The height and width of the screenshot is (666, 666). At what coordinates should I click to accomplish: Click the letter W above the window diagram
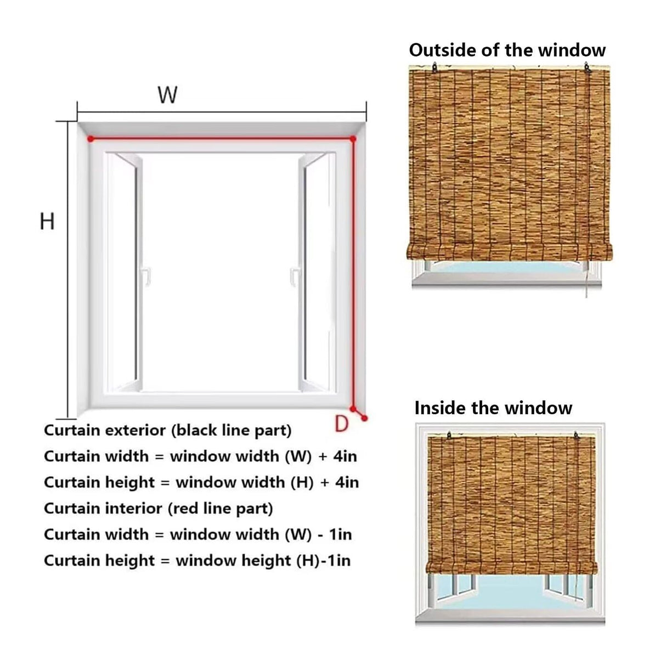(168, 95)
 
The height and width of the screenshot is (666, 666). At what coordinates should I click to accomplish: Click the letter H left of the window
(48, 222)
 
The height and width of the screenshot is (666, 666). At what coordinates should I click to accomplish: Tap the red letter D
(341, 424)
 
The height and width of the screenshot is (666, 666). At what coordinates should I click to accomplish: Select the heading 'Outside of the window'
(507, 50)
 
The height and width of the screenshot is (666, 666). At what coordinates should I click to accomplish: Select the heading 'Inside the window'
(493, 408)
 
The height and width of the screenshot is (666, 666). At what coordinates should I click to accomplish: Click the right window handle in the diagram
(295, 274)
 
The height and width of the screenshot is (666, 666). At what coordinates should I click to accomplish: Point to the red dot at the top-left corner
(91, 139)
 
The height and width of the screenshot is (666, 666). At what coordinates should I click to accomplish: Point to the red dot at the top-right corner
(353, 139)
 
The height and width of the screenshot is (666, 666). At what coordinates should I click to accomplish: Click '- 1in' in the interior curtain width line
(334, 534)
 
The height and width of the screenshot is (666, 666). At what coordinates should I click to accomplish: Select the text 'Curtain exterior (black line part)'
(167, 430)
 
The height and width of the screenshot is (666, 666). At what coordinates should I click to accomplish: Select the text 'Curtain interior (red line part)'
(158, 509)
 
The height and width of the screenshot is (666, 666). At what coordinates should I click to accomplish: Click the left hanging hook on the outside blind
(435, 69)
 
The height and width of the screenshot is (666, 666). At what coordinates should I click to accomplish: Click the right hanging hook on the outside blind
(587, 69)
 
